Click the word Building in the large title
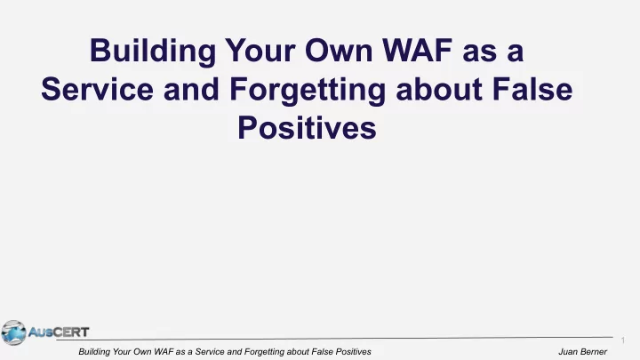153,51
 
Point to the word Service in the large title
98,89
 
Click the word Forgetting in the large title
308,90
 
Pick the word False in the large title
532,89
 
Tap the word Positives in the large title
307,127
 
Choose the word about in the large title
439,89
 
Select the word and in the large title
191,89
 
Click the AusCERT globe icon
13,332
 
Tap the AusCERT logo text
59,332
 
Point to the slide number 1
623,340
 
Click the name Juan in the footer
567,351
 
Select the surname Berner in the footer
593,351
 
